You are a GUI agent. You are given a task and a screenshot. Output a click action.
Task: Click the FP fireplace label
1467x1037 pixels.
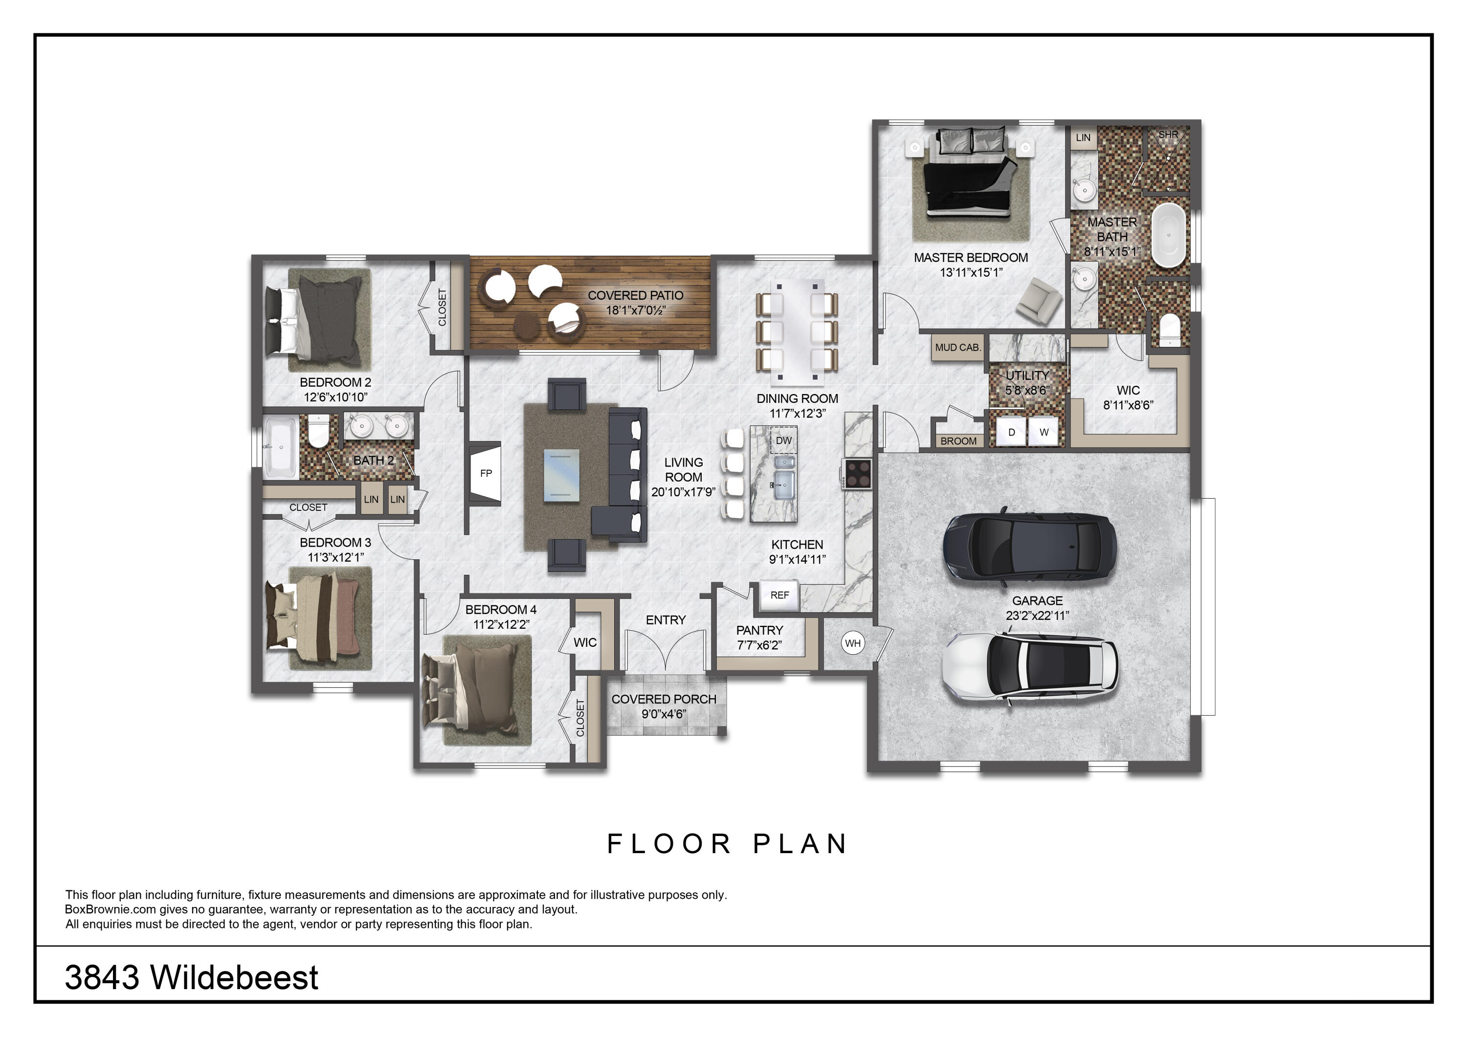tap(486, 473)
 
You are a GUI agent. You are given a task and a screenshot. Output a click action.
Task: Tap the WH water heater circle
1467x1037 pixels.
tap(853, 643)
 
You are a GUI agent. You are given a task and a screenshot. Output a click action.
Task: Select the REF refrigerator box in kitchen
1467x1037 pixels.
tap(779, 595)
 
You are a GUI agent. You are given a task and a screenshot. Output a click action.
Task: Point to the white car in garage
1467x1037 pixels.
tap(1031, 668)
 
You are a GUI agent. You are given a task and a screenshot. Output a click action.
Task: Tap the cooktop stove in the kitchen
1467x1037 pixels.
tap(857, 473)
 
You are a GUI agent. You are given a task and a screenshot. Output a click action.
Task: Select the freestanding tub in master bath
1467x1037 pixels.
tap(1169, 235)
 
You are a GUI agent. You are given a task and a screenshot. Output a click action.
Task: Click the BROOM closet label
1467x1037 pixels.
tap(958, 441)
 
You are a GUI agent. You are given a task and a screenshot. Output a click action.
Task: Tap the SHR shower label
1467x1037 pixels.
tap(1168, 135)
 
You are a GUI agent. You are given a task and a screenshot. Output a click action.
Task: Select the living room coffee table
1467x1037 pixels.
tap(562, 476)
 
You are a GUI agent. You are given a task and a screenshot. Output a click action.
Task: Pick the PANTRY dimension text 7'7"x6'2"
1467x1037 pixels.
tap(759, 645)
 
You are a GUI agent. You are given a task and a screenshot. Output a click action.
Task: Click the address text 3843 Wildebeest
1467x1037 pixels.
tap(192, 977)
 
